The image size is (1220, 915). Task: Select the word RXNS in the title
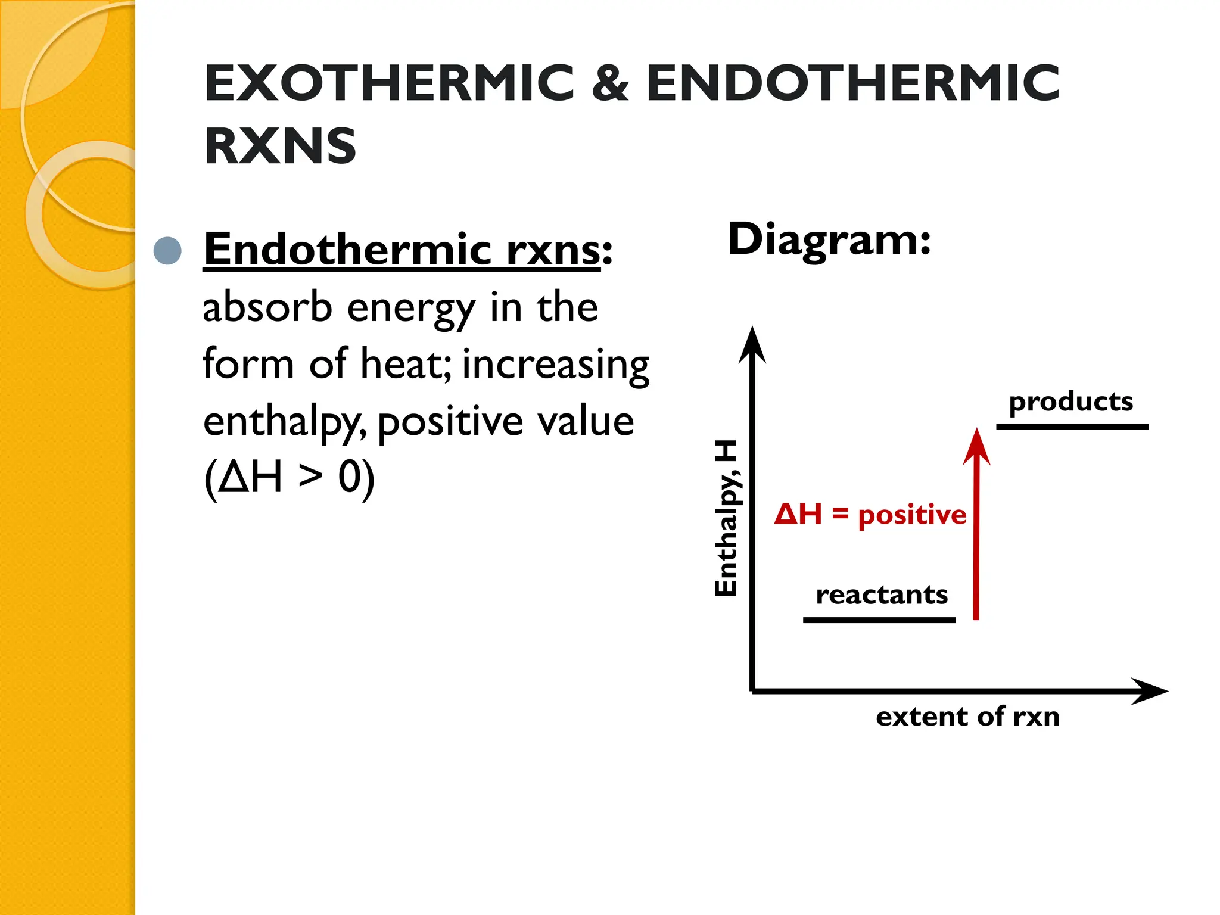pos(280,146)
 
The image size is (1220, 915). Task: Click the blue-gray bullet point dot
pos(167,251)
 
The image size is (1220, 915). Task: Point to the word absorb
pos(267,307)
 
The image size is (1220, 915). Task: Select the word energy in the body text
pos(411,310)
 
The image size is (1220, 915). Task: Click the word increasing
pos(555,365)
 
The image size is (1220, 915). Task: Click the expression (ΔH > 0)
pos(290,478)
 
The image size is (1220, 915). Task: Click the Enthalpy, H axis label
pos(726,518)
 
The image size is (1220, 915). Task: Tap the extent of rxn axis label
pos(967,717)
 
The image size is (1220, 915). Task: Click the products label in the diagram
pos(1070,402)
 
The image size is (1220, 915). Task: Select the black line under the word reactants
pos(879,620)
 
